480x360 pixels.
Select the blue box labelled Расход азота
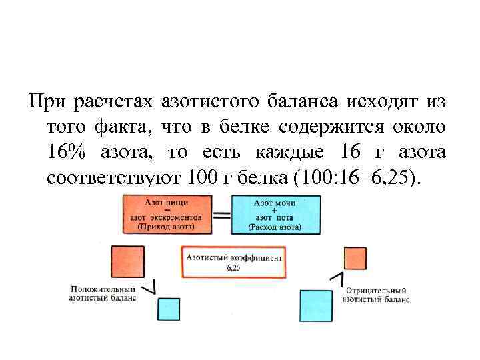coord(275,213)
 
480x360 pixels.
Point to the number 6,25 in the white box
coord(233,267)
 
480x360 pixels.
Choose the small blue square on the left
coord(169,309)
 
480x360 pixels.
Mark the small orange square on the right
coord(355,259)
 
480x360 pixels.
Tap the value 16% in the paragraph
coord(67,152)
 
